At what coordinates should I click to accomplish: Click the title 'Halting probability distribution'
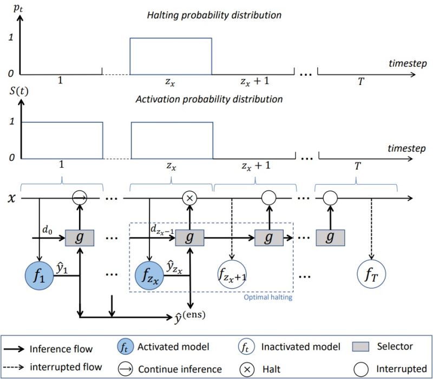[x=214, y=15]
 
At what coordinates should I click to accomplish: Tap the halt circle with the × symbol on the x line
[x=189, y=199]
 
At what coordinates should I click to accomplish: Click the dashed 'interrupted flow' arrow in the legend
[x=24, y=369]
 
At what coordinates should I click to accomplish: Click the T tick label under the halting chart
[x=357, y=82]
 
